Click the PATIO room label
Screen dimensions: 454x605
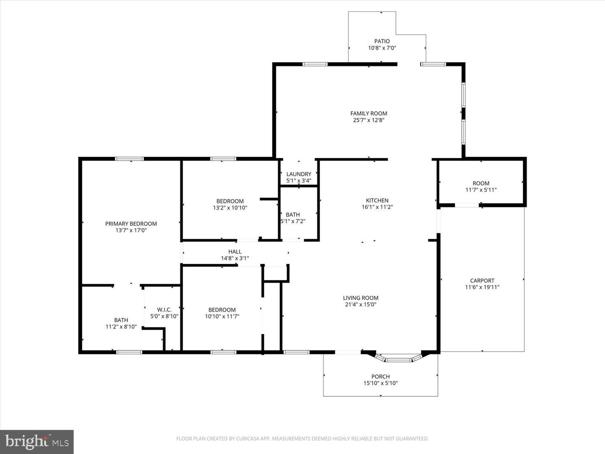pyautogui.click(x=382, y=41)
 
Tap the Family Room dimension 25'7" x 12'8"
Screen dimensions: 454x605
pyautogui.click(x=368, y=120)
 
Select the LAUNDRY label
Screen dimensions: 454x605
pyautogui.click(x=299, y=174)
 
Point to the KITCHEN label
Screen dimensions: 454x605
pyautogui.click(x=377, y=201)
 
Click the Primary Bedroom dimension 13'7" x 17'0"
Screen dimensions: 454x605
pyautogui.click(x=131, y=230)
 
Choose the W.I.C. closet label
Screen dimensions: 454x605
pyautogui.click(x=164, y=310)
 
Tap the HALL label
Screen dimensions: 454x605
pyautogui.click(x=235, y=252)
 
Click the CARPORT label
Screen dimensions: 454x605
pyautogui.click(x=482, y=281)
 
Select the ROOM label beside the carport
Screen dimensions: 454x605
pyautogui.click(x=481, y=183)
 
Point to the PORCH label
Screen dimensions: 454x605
pyautogui.click(x=380, y=377)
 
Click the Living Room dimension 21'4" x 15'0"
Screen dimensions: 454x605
pyautogui.click(x=360, y=304)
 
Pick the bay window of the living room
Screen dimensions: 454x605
pyautogui.click(x=398, y=359)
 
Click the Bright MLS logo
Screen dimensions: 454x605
pyautogui.click(x=37, y=441)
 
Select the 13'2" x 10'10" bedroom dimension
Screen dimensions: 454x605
pyautogui.click(x=230, y=208)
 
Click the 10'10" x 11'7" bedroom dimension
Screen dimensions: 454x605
pyautogui.click(x=222, y=317)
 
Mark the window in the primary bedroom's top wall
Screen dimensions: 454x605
pyautogui.click(x=129, y=159)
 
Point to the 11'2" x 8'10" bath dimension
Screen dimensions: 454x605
pyautogui.click(x=121, y=327)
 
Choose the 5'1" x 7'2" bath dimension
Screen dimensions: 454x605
pyautogui.click(x=293, y=221)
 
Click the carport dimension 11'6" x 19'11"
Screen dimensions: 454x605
pyautogui.click(x=482, y=288)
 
